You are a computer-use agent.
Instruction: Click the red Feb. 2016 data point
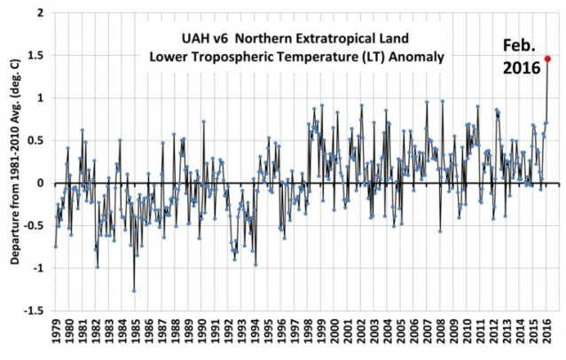coord(547,59)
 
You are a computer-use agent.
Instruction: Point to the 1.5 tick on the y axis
coord(34,56)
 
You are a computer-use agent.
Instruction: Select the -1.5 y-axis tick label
coord(31,310)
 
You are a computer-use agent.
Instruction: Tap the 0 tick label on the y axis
coord(38,184)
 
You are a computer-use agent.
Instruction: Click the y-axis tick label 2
coord(38,13)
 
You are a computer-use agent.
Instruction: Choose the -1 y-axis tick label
coord(35,269)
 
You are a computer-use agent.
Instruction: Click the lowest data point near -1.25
coord(134,290)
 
